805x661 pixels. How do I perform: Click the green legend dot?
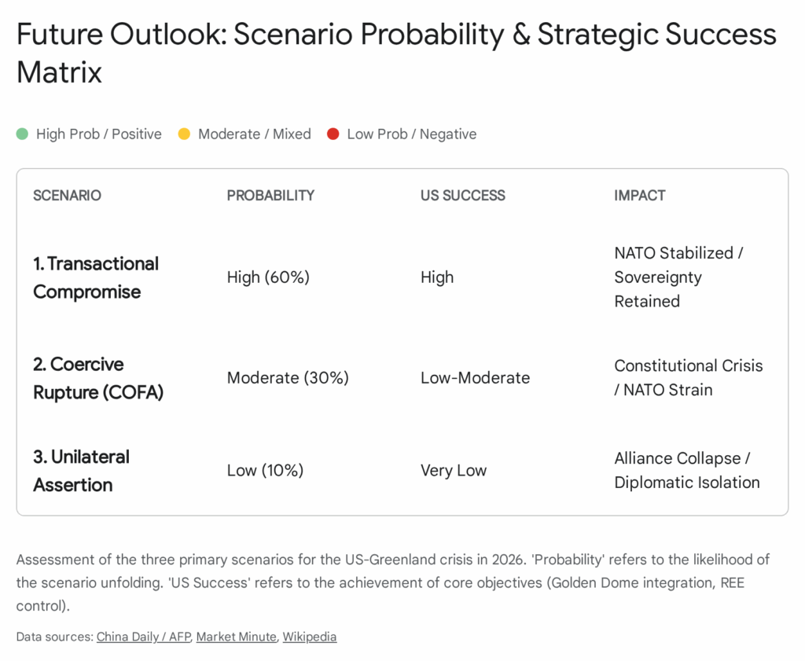click(22, 134)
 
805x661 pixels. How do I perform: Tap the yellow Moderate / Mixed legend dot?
click(184, 134)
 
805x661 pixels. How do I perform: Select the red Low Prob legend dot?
click(333, 134)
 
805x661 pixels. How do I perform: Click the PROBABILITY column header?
click(270, 196)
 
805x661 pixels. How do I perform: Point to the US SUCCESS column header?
click(462, 196)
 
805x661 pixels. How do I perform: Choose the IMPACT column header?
click(640, 196)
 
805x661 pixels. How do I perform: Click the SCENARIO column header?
click(68, 196)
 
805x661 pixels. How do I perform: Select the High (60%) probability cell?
click(268, 277)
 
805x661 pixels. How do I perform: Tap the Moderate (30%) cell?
click(288, 378)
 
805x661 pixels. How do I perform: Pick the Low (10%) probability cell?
click(265, 470)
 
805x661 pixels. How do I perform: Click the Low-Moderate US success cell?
click(475, 378)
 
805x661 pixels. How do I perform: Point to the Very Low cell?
click(454, 470)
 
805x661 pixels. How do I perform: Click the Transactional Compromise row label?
click(96, 277)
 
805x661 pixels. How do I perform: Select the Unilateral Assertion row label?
click(81, 471)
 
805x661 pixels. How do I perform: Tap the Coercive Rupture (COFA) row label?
click(98, 378)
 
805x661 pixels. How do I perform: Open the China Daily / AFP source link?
click(144, 637)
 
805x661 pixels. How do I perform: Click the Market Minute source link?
click(236, 637)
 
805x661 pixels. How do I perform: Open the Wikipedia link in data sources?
click(310, 637)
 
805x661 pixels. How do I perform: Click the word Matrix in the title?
click(59, 72)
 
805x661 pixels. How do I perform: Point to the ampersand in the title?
click(521, 35)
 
